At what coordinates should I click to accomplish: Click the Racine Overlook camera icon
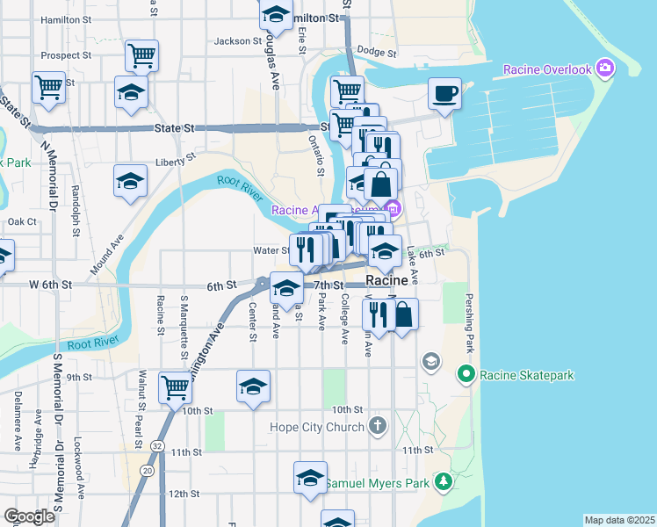click(604, 68)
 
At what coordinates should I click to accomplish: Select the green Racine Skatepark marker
click(466, 375)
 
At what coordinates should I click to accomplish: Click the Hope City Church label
click(316, 428)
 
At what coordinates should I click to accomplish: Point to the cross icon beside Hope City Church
click(378, 427)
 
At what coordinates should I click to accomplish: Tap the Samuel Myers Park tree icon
click(444, 481)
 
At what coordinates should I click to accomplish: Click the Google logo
click(29, 516)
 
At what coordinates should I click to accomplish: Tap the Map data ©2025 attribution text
click(619, 520)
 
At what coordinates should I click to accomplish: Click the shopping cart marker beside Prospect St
click(141, 55)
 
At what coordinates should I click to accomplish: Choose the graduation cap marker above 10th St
click(253, 386)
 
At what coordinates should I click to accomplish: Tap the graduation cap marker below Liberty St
click(130, 181)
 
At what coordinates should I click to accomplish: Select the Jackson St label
click(238, 40)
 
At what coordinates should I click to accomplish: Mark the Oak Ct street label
click(22, 221)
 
